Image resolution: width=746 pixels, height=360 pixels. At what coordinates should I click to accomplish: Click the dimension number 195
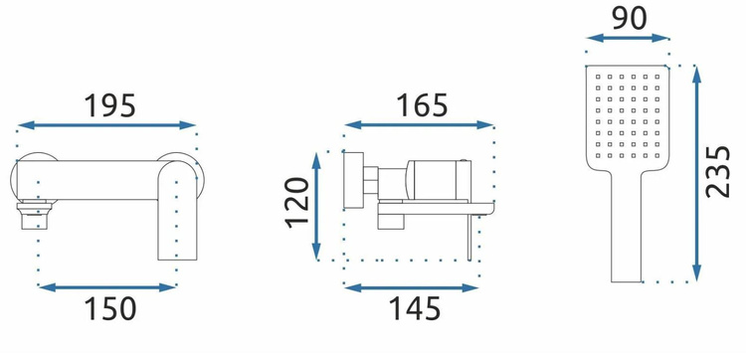click(x=109, y=105)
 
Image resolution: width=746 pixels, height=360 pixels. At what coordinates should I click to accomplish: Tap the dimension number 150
click(x=110, y=308)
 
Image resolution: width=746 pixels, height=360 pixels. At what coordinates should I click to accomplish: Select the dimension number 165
click(x=423, y=105)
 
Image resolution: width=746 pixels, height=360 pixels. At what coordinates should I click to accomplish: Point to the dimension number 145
click(x=415, y=308)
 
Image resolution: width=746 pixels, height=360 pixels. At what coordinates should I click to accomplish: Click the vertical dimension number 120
click(x=297, y=203)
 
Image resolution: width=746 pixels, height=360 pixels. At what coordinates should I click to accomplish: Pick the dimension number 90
click(x=630, y=19)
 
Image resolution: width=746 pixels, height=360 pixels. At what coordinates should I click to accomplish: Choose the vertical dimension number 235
click(x=717, y=172)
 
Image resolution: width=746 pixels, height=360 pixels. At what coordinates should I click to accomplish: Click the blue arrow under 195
click(x=107, y=125)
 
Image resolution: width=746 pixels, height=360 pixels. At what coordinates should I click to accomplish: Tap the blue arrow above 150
click(x=107, y=287)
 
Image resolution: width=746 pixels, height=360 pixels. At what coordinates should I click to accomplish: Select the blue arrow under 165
click(x=419, y=125)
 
